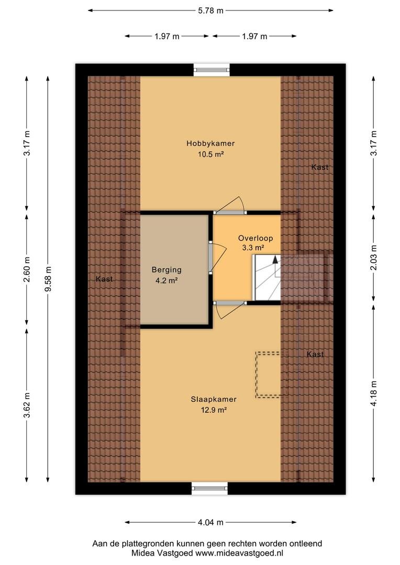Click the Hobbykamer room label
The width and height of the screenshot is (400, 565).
pyautogui.click(x=210, y=143)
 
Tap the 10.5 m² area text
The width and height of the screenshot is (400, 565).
pyautogui.click(x=210, y=154)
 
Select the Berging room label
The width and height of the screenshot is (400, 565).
pyautogui.click(x=166, y=270)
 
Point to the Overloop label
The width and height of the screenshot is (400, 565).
pyautogui.click(x=255, y=238)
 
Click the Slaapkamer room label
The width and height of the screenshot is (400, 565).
pyautogui.click(x=214, y=399)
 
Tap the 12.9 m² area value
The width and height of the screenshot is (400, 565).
pyautogui.click(x=214, y=410)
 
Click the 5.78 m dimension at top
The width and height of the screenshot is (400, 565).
pyautogui.click(x=210, y=11)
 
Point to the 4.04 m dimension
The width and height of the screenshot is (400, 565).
pyautogui.click(x=210, y=522)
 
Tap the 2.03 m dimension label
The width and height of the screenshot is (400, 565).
pyautogui.click(x=374, y=257)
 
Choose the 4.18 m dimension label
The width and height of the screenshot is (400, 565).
pyautogui.click(x=374, y=393)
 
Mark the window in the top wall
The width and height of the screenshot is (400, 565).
pyautogui.click(x=212, y=70)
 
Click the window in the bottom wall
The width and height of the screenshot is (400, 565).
pyautogui.click(x=209, y=488)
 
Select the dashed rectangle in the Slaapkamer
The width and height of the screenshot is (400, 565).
pyautogui.click(x=268, y=375)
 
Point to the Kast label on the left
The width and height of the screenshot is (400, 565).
pyautogui.click(x=104, y=279)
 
